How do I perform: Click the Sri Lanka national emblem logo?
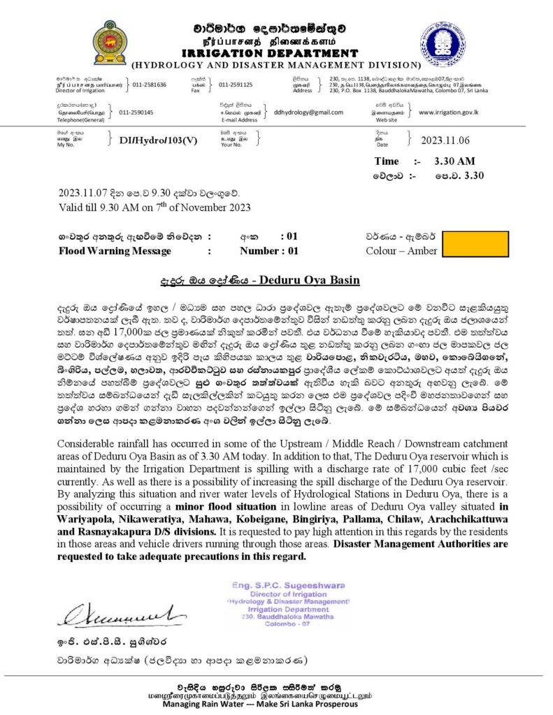click(x=110, y=43)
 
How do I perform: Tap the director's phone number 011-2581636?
click(x=147, y=84)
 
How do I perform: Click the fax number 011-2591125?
click(x=236, y=84)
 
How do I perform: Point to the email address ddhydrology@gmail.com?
click(x=309, y=112)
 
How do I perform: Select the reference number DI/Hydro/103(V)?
click(x=158, y=140)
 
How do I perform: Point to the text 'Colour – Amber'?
click(x=401, y=251)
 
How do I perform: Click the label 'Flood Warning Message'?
click(x=115, y=251)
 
